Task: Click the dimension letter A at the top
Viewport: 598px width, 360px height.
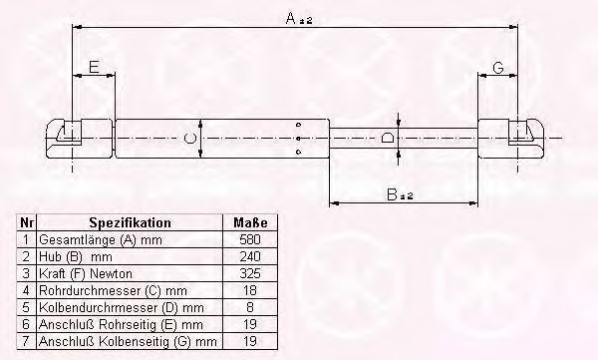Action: (x=290, y=18)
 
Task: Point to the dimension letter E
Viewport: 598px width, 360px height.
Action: (x=95, y=67)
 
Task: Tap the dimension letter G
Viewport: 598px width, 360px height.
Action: (x=498, y=68)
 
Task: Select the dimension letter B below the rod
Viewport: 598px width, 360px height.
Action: (x=392, y=194)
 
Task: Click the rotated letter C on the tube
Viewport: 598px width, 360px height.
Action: (x=189, y=138)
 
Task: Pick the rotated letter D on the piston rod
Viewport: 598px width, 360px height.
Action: (x=388, y=138)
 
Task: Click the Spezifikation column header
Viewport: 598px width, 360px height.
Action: (x=130, y=222)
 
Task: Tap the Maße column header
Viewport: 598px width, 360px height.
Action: (x=250, y=222)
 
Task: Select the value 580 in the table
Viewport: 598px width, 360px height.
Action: (x=250, y=239)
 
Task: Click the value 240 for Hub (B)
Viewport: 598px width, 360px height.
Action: (x=250, y=256)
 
